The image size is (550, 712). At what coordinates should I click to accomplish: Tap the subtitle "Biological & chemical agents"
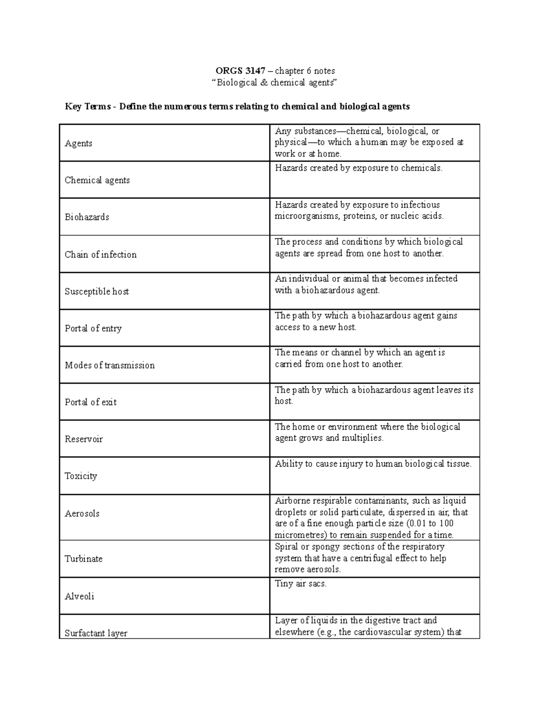point(275,83)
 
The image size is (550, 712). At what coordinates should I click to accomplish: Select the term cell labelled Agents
point(78,144)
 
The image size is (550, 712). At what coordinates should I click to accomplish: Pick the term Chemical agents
point(97,180)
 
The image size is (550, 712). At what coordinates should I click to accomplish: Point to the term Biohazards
point(87,217)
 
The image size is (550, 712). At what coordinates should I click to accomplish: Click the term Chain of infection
point(101,254)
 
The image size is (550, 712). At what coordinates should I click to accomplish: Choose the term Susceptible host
point(97,292)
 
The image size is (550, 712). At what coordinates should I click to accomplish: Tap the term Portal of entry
point(93,328)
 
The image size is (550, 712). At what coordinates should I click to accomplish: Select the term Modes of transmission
point(110,365)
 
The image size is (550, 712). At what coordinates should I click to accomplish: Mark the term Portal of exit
point(91,402)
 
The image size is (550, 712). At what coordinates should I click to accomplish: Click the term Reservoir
point(84,439)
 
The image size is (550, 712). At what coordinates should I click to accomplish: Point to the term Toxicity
point(81,476)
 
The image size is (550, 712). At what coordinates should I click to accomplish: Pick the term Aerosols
point(82,513)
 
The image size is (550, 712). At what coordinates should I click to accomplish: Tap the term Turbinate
point(83,559)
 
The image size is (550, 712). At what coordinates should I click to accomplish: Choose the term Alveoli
point(79,596)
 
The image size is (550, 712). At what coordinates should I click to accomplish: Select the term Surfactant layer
point(96,633)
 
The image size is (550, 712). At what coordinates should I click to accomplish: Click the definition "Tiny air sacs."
point(301,584)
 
